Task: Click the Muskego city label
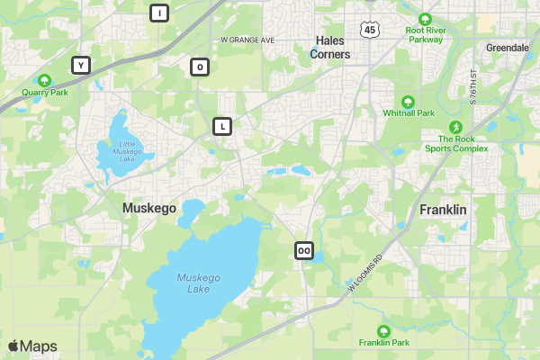coord(149,208)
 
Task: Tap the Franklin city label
coord(443,210)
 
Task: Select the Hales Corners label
coord(329,48)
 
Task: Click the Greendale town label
coord(507,47)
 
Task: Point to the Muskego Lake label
coord(193,283)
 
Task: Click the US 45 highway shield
coord(369,30)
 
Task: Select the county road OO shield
coord(304,250)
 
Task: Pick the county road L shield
coord(222,126)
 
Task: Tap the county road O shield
coord(199,67)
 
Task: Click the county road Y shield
coord(81,65)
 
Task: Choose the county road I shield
coord(159,13)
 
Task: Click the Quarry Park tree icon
coord(45,80)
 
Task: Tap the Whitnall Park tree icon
coord(408,102)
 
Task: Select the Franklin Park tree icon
coord(384,331)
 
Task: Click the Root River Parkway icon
coord(425,19)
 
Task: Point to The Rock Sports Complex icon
coord(455,127)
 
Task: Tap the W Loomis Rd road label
coord(365,272)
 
